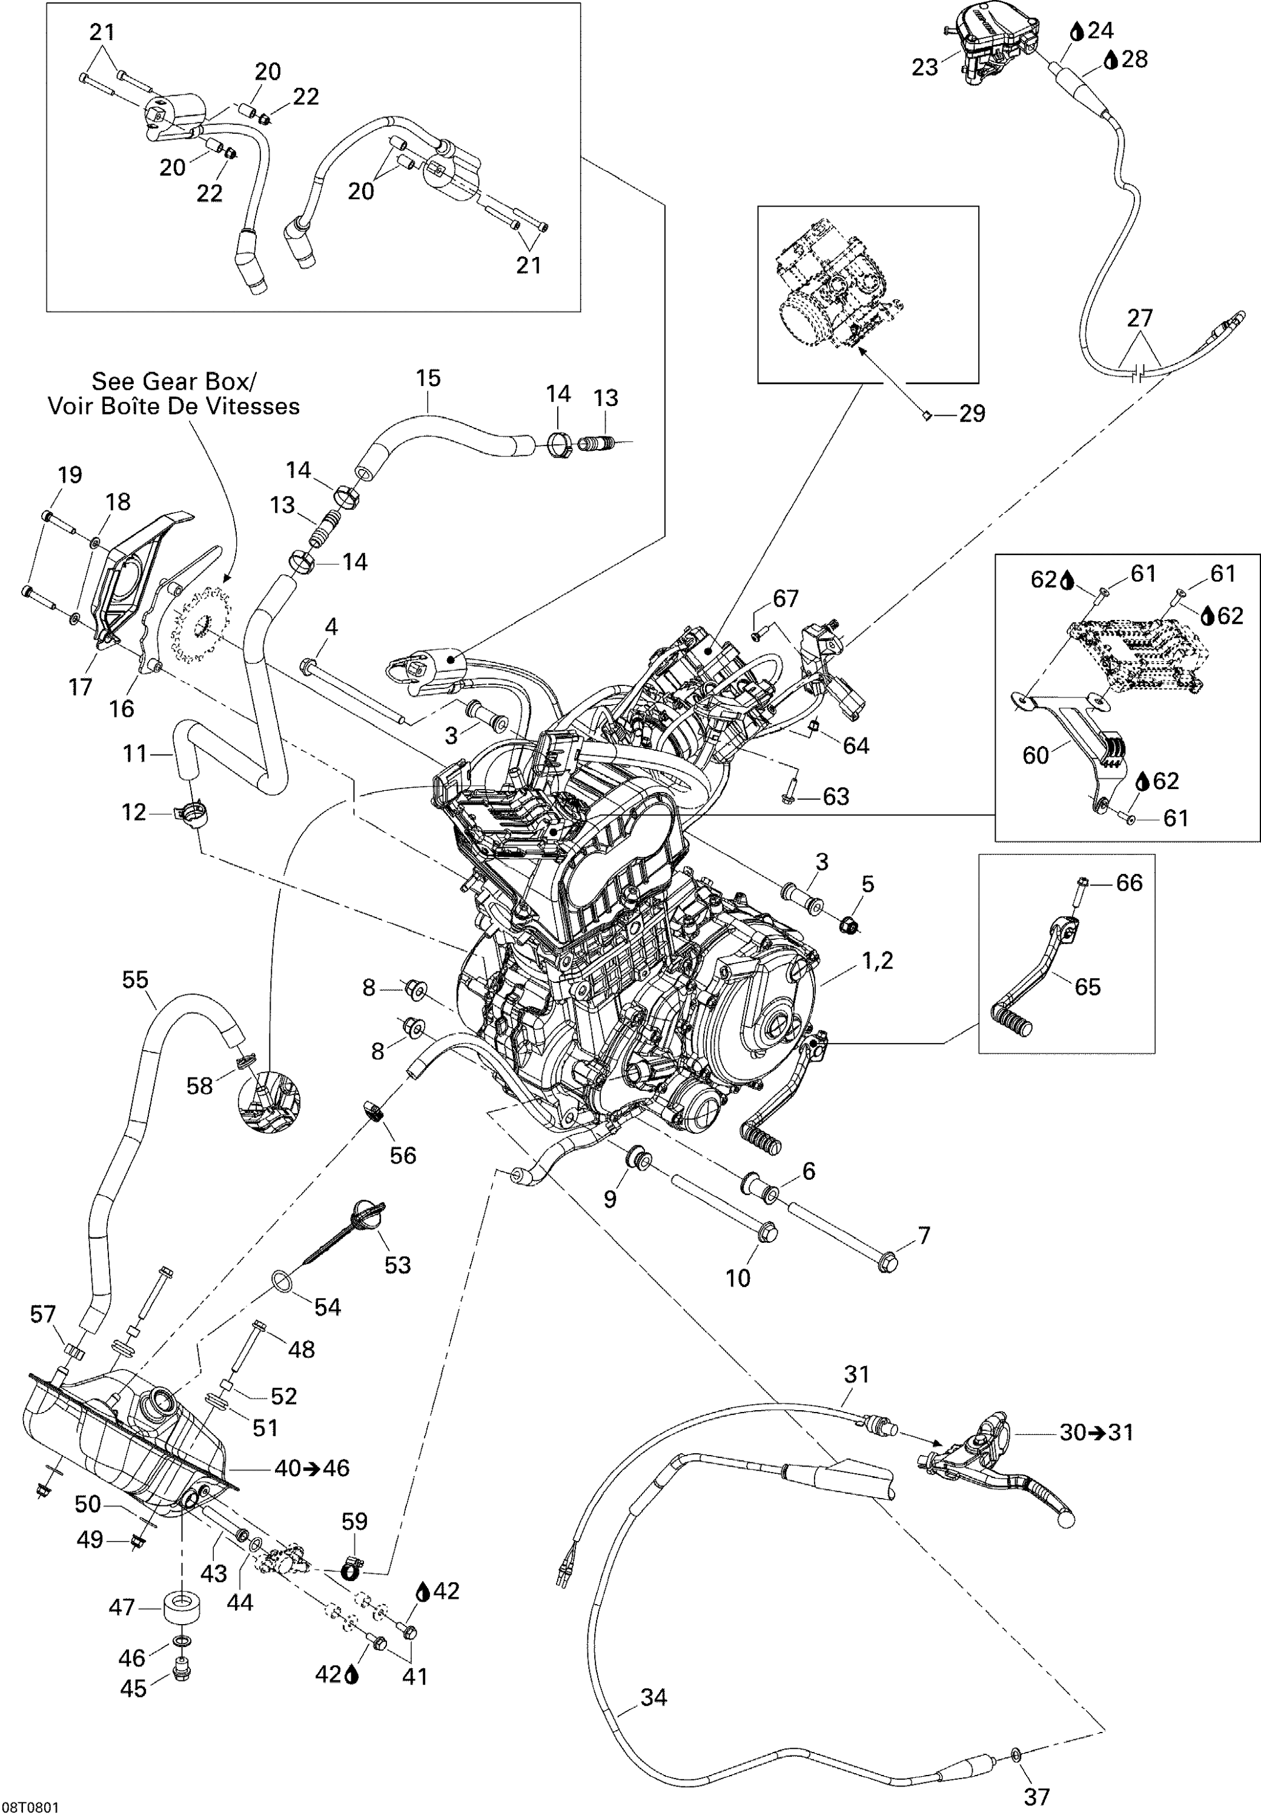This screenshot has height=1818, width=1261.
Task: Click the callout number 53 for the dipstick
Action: (x=397, y=1265)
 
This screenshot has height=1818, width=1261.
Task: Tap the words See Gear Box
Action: (x=173, y=382)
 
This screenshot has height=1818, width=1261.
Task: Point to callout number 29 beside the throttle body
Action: (x=972, y=413)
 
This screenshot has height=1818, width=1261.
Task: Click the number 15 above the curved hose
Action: (x=428, y=378)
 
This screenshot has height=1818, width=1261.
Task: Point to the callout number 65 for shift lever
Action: (x=1087, y=986)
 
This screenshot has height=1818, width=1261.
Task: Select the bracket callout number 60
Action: (x=1035, y=755)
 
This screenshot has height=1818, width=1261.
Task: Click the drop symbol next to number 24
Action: (x=1077, y=32)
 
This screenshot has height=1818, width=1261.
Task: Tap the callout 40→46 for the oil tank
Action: (x=311, y=1468)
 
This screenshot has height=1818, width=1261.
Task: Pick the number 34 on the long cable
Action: (x=654, y=1697)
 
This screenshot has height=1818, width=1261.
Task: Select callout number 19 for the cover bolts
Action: (x=70, y=474)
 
